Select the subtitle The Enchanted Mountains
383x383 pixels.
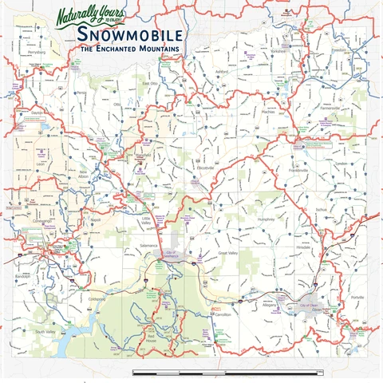tap(129, 49)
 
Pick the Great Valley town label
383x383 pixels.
tap(229, 253)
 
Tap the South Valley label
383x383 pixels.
tap(44, 330)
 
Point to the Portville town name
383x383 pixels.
tap(357, 297)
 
